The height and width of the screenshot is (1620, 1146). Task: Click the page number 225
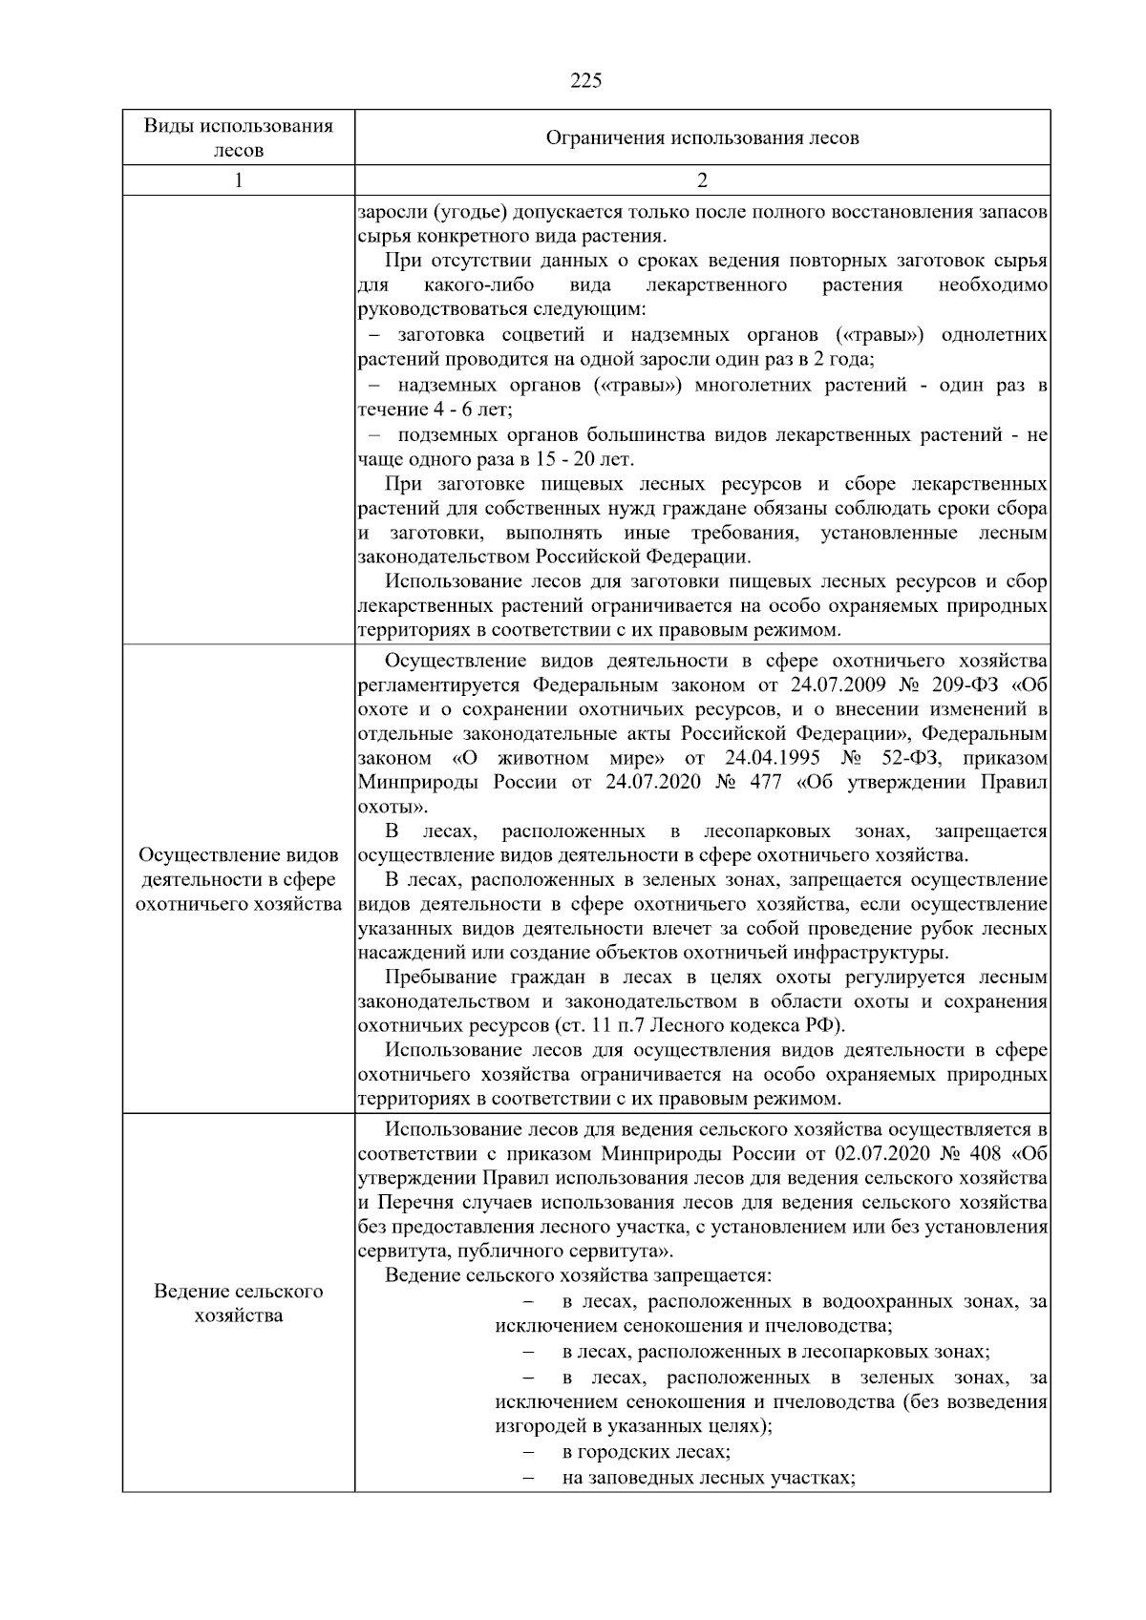pyautogui.click(x=585, y=81)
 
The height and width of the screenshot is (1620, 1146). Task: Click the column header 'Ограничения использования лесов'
pyautogui.click(x=702, y=138)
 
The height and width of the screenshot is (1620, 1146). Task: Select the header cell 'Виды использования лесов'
pyautogui.click(x=239, y=138)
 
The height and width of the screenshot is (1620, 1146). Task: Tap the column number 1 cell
pyautogui.click(x=239, y=180)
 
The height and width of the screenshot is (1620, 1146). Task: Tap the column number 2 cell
pyautogui.click(x=702, y=180)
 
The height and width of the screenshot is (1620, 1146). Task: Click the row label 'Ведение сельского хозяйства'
pyautogui.click(x=239, y=1303)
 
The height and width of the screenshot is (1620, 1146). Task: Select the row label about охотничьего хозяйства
pyautogui.click(x=239, y=879)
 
